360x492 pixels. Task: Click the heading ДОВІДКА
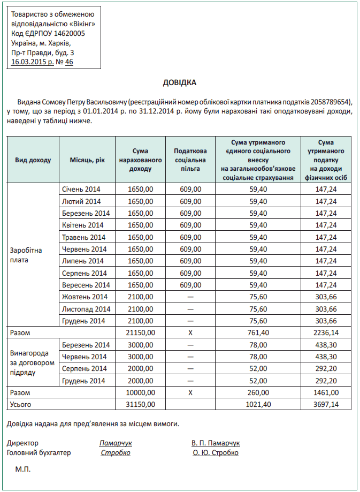tap(180, 83)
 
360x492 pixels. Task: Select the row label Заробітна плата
tap(26, 255)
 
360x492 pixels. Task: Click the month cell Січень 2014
tap(81, 189)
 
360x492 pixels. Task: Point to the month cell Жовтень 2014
tap(85, 297)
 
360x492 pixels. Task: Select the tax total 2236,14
tap(326, 332)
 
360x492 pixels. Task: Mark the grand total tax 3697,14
tap(326, 404)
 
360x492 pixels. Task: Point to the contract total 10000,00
tap(141, 392)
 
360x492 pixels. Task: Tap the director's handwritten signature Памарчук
tap(116, 443)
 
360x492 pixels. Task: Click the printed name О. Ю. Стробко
tap(216, 453)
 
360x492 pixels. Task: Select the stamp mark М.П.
tap(23, 470)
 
